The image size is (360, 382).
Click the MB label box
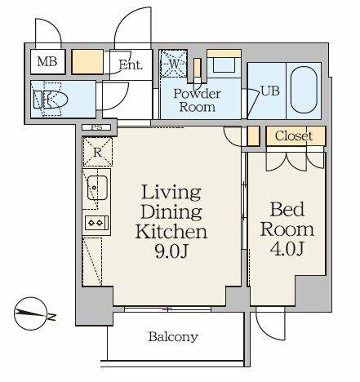click(48, 62)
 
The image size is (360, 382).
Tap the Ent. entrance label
click(131, 65)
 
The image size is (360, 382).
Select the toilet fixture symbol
click(51, 100)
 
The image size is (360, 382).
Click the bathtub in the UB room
click(304, 90)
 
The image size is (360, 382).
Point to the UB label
click(270, 91)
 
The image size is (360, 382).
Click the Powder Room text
click(198, 100)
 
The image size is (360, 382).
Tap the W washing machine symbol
click(174, 64)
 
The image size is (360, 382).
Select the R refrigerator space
click(97, 152)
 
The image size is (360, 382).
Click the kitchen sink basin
click(97, 188)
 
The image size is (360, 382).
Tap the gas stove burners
click(96, 223)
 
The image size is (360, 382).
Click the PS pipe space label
click(96, 127)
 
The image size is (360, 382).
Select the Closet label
click(293, 135)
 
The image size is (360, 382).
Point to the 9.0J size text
click(171, 251)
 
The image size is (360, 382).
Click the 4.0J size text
click(287, 249)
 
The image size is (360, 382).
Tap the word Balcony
click(173, 337)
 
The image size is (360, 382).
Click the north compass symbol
click(32, 313)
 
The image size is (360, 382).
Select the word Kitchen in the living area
click(171, 232)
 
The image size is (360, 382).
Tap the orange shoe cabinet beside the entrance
click(87, 62)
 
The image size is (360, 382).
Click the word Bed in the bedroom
click(287, 210)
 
